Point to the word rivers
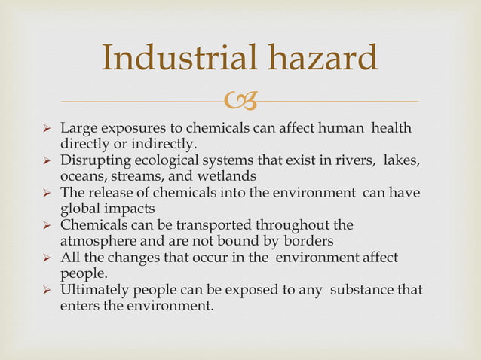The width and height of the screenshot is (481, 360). click(355, 160)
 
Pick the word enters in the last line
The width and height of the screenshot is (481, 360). click(80, 306)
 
